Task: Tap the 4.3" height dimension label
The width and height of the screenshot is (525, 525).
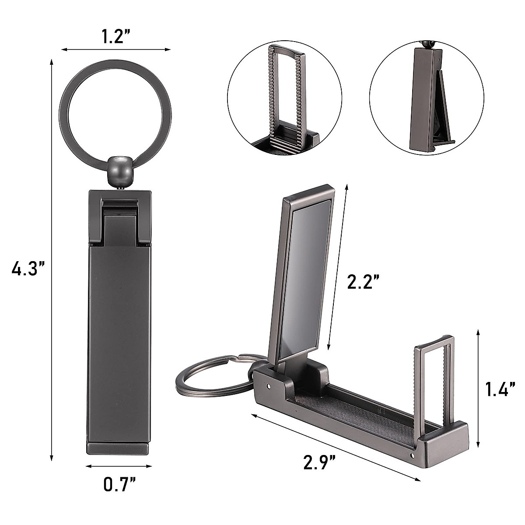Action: (28, 268)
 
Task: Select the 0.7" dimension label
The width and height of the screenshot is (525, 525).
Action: (119, 484)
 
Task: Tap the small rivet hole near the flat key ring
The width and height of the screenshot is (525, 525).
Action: (268, 386)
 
